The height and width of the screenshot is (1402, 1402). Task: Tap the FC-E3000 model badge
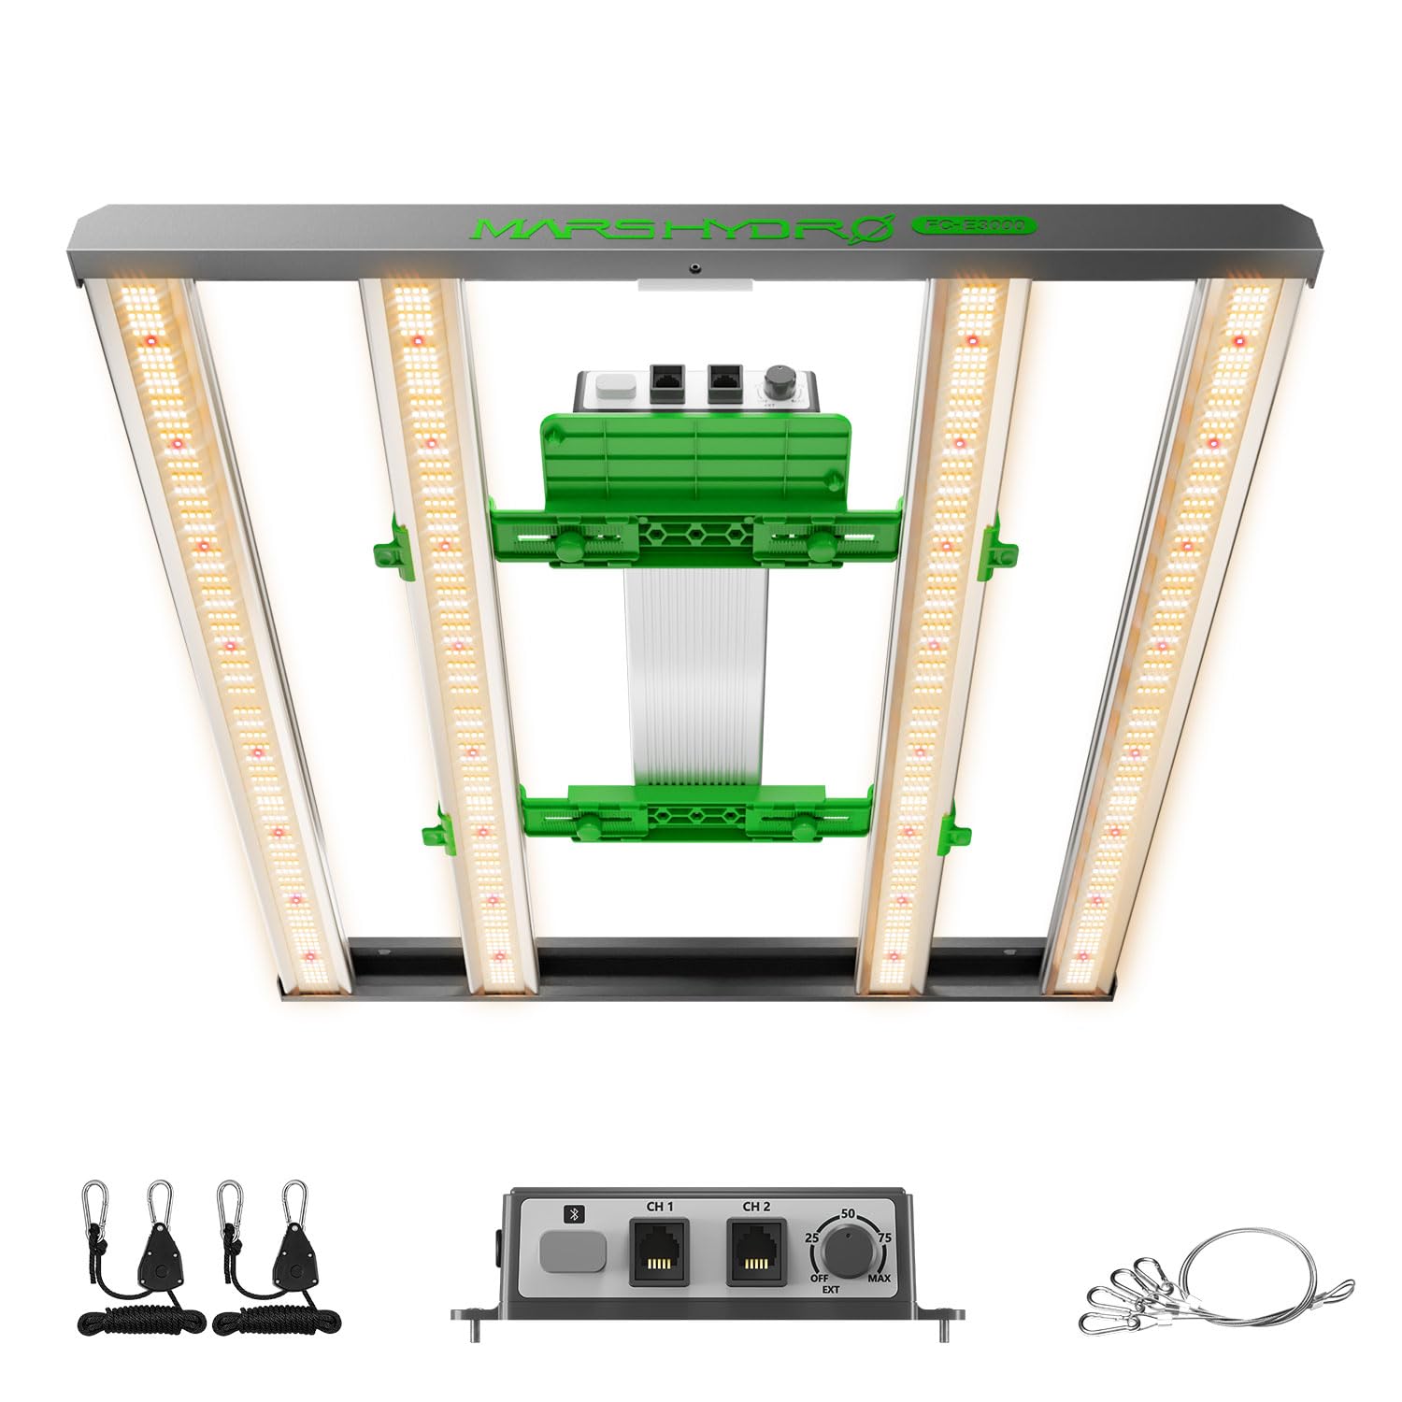[x=971, y=225]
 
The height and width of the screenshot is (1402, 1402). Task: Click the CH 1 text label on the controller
[x=659, y=1207]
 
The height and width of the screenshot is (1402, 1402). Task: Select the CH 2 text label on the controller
[x=756, y=1207]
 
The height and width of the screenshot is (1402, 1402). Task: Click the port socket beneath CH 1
[x=659, y=1252]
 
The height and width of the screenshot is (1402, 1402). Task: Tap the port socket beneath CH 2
[x=756, y=1252]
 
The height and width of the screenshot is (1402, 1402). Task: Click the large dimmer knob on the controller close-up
[x=850, y=1252]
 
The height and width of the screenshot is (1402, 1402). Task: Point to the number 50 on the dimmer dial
[x=849, y=1213]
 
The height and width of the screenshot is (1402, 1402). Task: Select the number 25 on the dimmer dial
[x=812, y=1237]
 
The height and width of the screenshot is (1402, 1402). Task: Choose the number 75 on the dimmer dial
[x=885, y=1237]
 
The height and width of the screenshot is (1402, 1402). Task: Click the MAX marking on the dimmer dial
[x=879, y=1278]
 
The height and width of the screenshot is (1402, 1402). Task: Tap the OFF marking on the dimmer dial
[x=819, y=1278]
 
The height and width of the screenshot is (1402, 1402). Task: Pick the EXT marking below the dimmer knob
[x=830, y=1290]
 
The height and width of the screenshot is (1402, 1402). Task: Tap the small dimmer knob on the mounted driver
[x=777, y=384]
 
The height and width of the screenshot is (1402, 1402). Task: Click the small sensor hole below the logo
[x=694, y=269]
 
